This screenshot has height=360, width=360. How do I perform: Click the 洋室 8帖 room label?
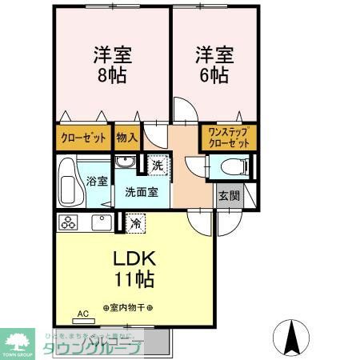point(111,66)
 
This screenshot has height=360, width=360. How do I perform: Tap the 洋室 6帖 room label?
point(212,66)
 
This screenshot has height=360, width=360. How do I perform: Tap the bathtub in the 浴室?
point(70,183)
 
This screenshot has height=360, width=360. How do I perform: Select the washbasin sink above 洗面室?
point(124,162)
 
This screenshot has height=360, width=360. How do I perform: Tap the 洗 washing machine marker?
point(158,166)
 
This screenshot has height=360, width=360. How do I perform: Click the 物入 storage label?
point(126,138)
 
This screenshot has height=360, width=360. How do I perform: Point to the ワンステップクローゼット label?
point(228,138)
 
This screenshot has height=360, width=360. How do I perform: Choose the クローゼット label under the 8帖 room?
point(83,138)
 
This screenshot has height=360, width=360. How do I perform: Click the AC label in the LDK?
point(82,314)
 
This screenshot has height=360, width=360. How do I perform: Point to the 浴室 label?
point(97,181)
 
